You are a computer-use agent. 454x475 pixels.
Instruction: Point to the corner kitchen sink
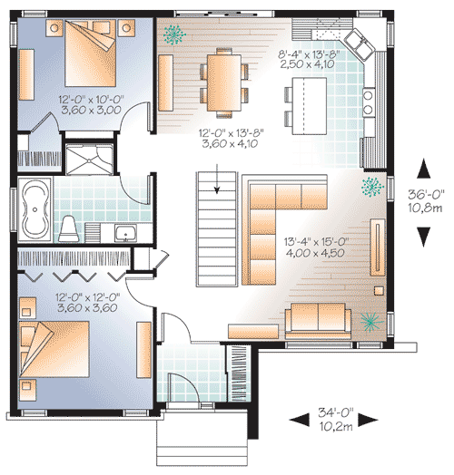pos(355,42)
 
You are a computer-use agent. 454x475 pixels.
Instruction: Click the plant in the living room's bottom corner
pos(369,322)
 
